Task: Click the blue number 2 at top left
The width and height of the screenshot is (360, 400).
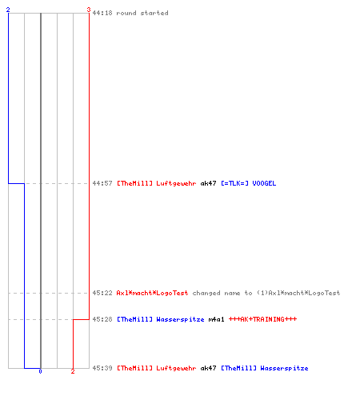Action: tap(8, 10)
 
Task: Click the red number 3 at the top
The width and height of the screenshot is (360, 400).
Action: tap(89, 10)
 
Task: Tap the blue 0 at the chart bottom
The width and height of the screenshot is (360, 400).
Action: tap(40, 371)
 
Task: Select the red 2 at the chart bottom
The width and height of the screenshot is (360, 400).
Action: tap(73, 371)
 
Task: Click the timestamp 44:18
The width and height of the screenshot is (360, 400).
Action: tap(102, 13)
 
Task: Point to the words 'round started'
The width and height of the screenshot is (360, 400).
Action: tap(142, 13)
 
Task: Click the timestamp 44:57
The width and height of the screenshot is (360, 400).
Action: tap(102, 183)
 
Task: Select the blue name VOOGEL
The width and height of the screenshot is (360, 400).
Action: tap(264, 183)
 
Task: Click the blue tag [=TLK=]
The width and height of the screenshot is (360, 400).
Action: tap(234, 183)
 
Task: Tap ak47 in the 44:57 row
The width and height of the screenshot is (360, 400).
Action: tap(208, 183)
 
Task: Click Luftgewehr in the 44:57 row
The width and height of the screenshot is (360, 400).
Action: tap(176, 183)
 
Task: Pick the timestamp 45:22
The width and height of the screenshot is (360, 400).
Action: tap(102, 293)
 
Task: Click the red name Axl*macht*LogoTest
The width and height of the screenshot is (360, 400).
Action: tap(152, 293)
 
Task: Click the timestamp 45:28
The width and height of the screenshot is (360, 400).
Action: tap(102, 319)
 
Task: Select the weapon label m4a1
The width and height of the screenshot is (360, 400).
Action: tap(216, 319)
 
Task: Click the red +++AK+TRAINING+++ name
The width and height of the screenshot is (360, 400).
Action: tap(262, 319)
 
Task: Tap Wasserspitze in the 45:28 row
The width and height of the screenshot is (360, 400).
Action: tap(180, 319)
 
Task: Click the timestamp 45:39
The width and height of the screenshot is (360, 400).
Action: tap(102, 368)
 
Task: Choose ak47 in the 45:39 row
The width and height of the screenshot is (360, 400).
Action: tap(208, 368)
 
